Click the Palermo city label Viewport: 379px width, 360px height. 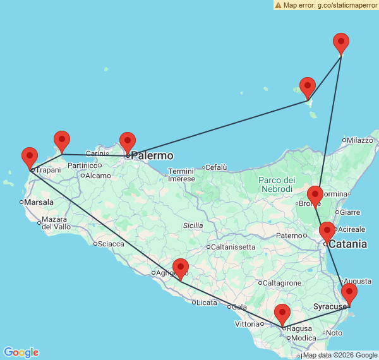(x=152, y=155)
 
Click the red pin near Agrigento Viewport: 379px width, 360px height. (x=181, y=268)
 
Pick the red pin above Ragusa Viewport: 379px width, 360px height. (x=282, y=314)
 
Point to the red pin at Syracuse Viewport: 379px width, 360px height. (x=349, y=294)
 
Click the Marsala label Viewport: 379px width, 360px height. (x=39, y=202)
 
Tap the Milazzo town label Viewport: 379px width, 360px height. (x=361, y=140)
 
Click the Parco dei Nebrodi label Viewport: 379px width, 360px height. (x=276, y=184)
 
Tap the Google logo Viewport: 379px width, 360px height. (x=21, y=352)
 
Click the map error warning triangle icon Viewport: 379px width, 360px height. (x=278, y=5)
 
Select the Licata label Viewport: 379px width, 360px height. (x=207, y=303)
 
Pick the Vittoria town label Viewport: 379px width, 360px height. (x=246, y=324)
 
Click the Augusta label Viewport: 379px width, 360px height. (x=358, y=280)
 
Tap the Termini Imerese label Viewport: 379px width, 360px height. (x=181, y=175)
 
